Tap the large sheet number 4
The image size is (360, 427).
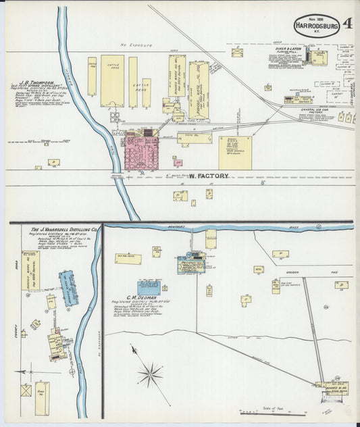(347, 24)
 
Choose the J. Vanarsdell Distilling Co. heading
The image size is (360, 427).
(65, 231)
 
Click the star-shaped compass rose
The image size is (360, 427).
(150, 373)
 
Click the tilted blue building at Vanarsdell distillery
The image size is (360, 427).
(69, 286)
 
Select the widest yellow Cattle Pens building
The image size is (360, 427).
(112, 80)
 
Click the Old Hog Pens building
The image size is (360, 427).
(127, 258)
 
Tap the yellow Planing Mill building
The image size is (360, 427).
(319, 57)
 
